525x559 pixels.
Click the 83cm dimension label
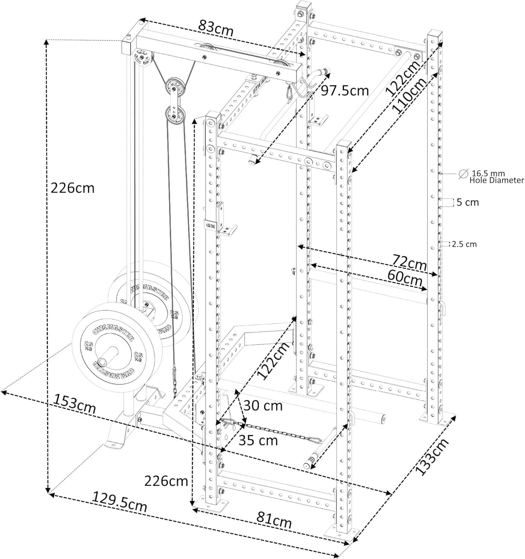click(x=216, y=29)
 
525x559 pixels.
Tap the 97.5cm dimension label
click(x=345, y=91)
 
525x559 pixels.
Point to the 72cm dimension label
click(x=409, y=263)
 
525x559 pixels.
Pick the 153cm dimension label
click(x=74, y=404)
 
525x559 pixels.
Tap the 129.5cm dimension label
click(x=120, y=502)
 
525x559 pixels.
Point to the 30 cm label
click(x=263, y=406)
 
